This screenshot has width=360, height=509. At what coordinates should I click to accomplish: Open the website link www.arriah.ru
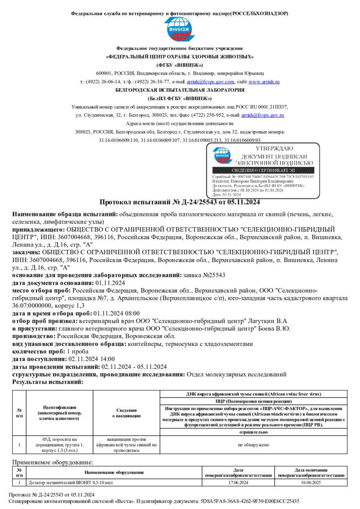tap(264, 82)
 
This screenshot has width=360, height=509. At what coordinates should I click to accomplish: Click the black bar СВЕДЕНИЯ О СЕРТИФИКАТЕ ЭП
tap(264, 171)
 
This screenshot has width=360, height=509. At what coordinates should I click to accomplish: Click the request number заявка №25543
tap(207, 274)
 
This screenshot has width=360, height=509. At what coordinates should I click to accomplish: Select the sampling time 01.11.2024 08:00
tap(117, 313)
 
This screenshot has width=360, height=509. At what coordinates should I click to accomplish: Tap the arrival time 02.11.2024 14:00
tap(91, 359)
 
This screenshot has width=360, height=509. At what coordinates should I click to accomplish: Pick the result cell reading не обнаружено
tap(253, 444)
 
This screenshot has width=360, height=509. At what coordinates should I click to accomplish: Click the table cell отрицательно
tap(253, 432)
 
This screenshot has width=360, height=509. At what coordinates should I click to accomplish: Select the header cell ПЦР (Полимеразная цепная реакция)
tap(253, 401)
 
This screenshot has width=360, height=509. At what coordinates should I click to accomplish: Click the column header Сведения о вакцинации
tap(126, 413)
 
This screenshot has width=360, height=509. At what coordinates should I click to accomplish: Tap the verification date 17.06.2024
tap(238, 482)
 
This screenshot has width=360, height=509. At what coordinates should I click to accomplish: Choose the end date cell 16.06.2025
tap(311, 482)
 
